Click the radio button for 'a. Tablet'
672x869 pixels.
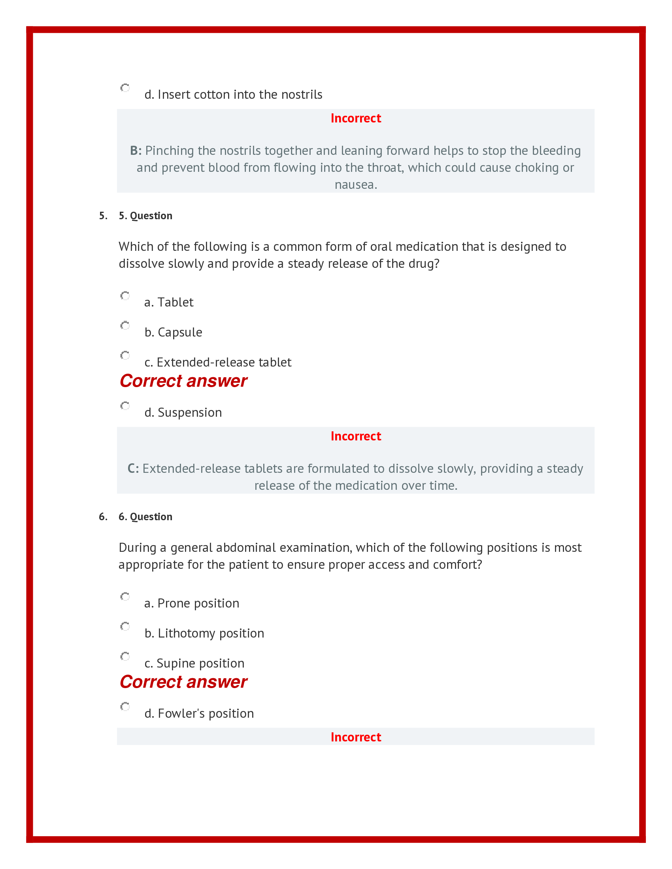click(125, 295)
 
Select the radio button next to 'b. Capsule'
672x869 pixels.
click(125, 325)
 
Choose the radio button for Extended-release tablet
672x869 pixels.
click(125, 355)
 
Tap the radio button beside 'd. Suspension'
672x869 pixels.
click(125, 406)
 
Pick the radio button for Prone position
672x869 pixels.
click(125, 596)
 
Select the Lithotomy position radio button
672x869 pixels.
click(125, 626)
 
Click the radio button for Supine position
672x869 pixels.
click(125, 656)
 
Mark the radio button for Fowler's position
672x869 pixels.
click(125, 707)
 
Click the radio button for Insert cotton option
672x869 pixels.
click(125, 88)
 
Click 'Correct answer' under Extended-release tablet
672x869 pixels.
click(183, 381)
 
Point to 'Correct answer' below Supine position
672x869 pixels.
click(183, 682)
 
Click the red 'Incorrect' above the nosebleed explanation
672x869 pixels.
click(355, 118)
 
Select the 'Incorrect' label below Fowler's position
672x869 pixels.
click(355, 737)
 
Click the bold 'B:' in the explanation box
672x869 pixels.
click(136, 151)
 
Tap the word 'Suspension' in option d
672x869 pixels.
click(189, 413)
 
